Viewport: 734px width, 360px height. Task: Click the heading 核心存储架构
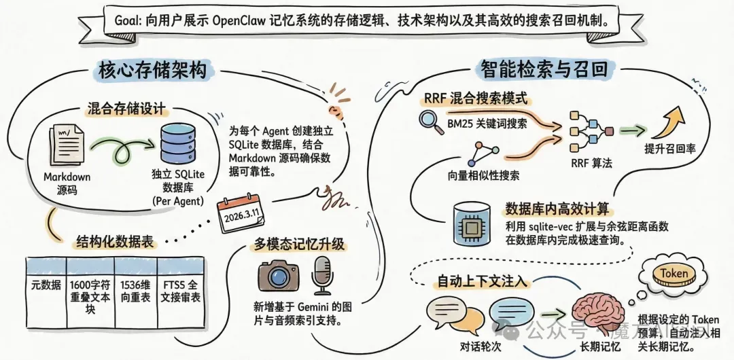[x=150, y=70]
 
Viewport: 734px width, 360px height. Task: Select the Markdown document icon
[x=66, y=144]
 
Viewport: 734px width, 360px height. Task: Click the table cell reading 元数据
[x=46, y=285]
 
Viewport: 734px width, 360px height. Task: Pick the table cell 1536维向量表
[x=135, y=291]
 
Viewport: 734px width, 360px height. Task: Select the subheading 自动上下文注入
[x=486, y=278]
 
